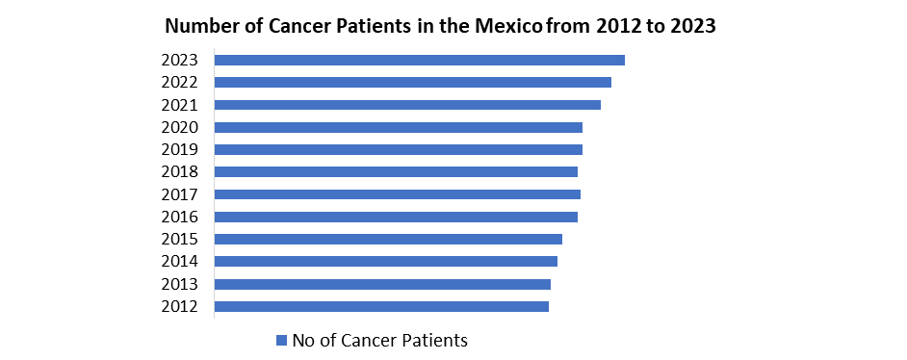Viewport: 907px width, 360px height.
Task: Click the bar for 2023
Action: point(419,60)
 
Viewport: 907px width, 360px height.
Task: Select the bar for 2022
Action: point(412,82)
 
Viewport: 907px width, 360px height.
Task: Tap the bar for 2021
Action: point(407,105)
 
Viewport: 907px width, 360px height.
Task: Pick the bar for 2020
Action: point(398,127)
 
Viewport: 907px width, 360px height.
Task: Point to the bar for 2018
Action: point(396,172)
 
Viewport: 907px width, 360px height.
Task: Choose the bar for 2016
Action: point(396,217)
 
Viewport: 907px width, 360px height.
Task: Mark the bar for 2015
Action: point(388,239)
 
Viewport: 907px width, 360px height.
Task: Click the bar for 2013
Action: point(382,284)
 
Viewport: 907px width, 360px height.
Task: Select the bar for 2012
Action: point(381,306)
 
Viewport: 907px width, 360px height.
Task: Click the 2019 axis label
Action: point(180,149)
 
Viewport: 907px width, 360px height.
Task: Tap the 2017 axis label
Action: point(180,194)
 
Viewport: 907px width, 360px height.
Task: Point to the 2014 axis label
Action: point(180,262)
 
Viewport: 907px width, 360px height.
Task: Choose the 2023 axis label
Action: point(180,60)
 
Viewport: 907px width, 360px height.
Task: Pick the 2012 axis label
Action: point(180,306)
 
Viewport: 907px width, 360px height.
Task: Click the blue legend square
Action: point(282,340)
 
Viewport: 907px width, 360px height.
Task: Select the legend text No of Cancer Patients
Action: point(380,340)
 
